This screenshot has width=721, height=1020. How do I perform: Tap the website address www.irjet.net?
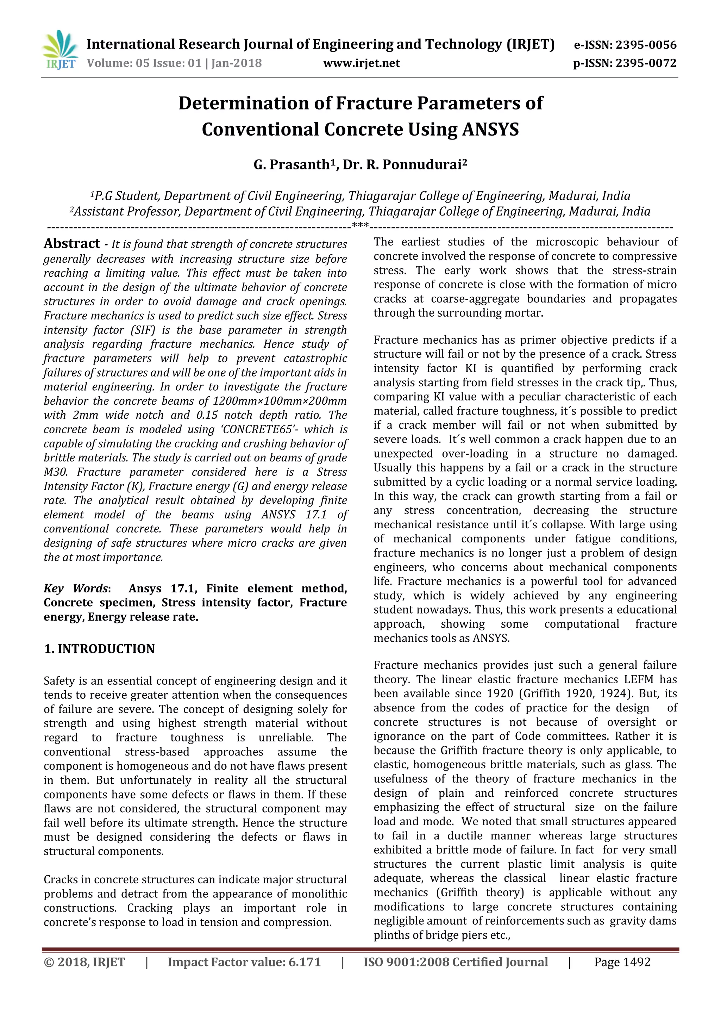362,63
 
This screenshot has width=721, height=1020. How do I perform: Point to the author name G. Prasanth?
291,165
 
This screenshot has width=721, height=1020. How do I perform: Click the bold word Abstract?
72,243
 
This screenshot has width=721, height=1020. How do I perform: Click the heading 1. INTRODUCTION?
99,649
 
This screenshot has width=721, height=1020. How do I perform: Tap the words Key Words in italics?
75,589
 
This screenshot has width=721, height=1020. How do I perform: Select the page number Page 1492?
622,962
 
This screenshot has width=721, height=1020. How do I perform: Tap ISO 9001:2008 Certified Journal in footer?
456,962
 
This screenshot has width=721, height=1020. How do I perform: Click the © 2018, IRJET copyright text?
84,962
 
